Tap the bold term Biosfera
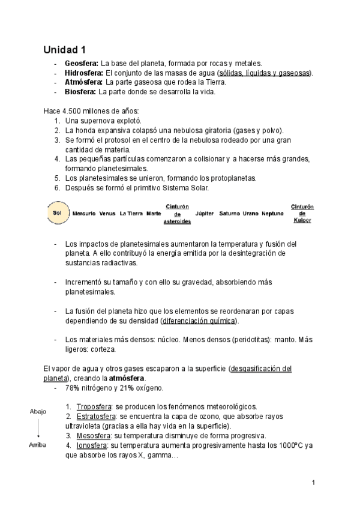(80, 92)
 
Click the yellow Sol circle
(57, 213)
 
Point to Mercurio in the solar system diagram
(83, 213)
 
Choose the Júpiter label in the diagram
(205, 213)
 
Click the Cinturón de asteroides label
(177, 214)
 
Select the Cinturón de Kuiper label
(302, 213)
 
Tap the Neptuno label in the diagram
(272, 213)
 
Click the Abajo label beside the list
(38, 411)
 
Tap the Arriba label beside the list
(38, 445)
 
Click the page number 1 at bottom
(314, 483)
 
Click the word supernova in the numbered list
(97, 121)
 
